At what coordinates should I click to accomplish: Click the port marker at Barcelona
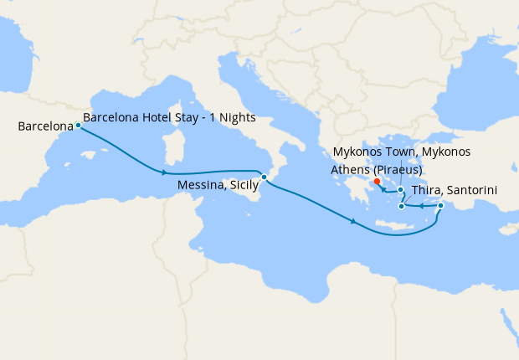[78, 126]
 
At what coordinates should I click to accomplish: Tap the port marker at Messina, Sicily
[264, 177]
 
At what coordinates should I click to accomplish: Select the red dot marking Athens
[377, 181]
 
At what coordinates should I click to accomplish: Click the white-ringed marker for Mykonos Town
[401, 190]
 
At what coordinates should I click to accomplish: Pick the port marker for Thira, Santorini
[402, 206]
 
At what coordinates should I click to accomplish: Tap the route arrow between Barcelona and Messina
[164, 172]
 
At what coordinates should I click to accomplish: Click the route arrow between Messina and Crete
[355, 222]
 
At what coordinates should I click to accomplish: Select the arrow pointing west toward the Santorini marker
[421, 206]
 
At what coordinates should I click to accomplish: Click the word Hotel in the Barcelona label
[162, 117]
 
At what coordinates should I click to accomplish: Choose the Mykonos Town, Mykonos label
[401, 152]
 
